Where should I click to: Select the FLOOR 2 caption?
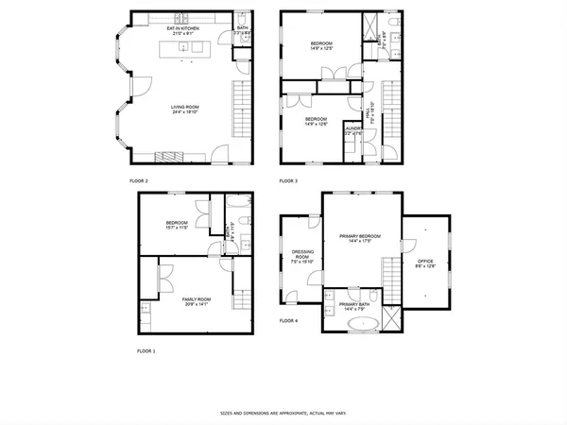tap(139, 179)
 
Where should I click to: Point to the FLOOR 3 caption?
tap(288, 179)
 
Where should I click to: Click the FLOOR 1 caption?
tap(146, 350)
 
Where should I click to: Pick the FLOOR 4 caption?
tap(288, 321)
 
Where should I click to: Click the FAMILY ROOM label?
tap(197, 298)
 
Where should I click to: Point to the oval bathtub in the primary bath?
tap(363, 323)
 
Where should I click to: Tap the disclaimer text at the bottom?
tap(283, 413)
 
